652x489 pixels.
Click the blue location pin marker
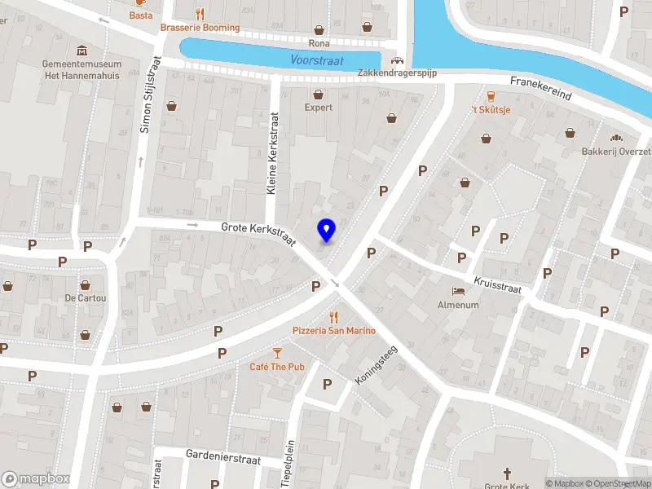point(326,231)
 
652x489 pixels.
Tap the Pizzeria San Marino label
point(334,330)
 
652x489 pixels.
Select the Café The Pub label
point(276,367)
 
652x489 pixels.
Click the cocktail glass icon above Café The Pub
point(277,352)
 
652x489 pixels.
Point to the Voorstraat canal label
point(317,60)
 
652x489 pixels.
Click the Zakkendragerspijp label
point(398,73)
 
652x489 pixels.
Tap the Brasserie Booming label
point(200,28)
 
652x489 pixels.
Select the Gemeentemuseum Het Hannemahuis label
point(82,70)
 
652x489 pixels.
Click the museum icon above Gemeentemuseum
point(82,51)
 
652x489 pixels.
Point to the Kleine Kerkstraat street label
point(273,153)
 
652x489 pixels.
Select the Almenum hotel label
point(458,305)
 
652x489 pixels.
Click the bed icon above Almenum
point(458,291)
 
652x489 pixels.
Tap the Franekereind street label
point(541,88)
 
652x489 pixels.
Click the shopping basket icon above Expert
point(319,93)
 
